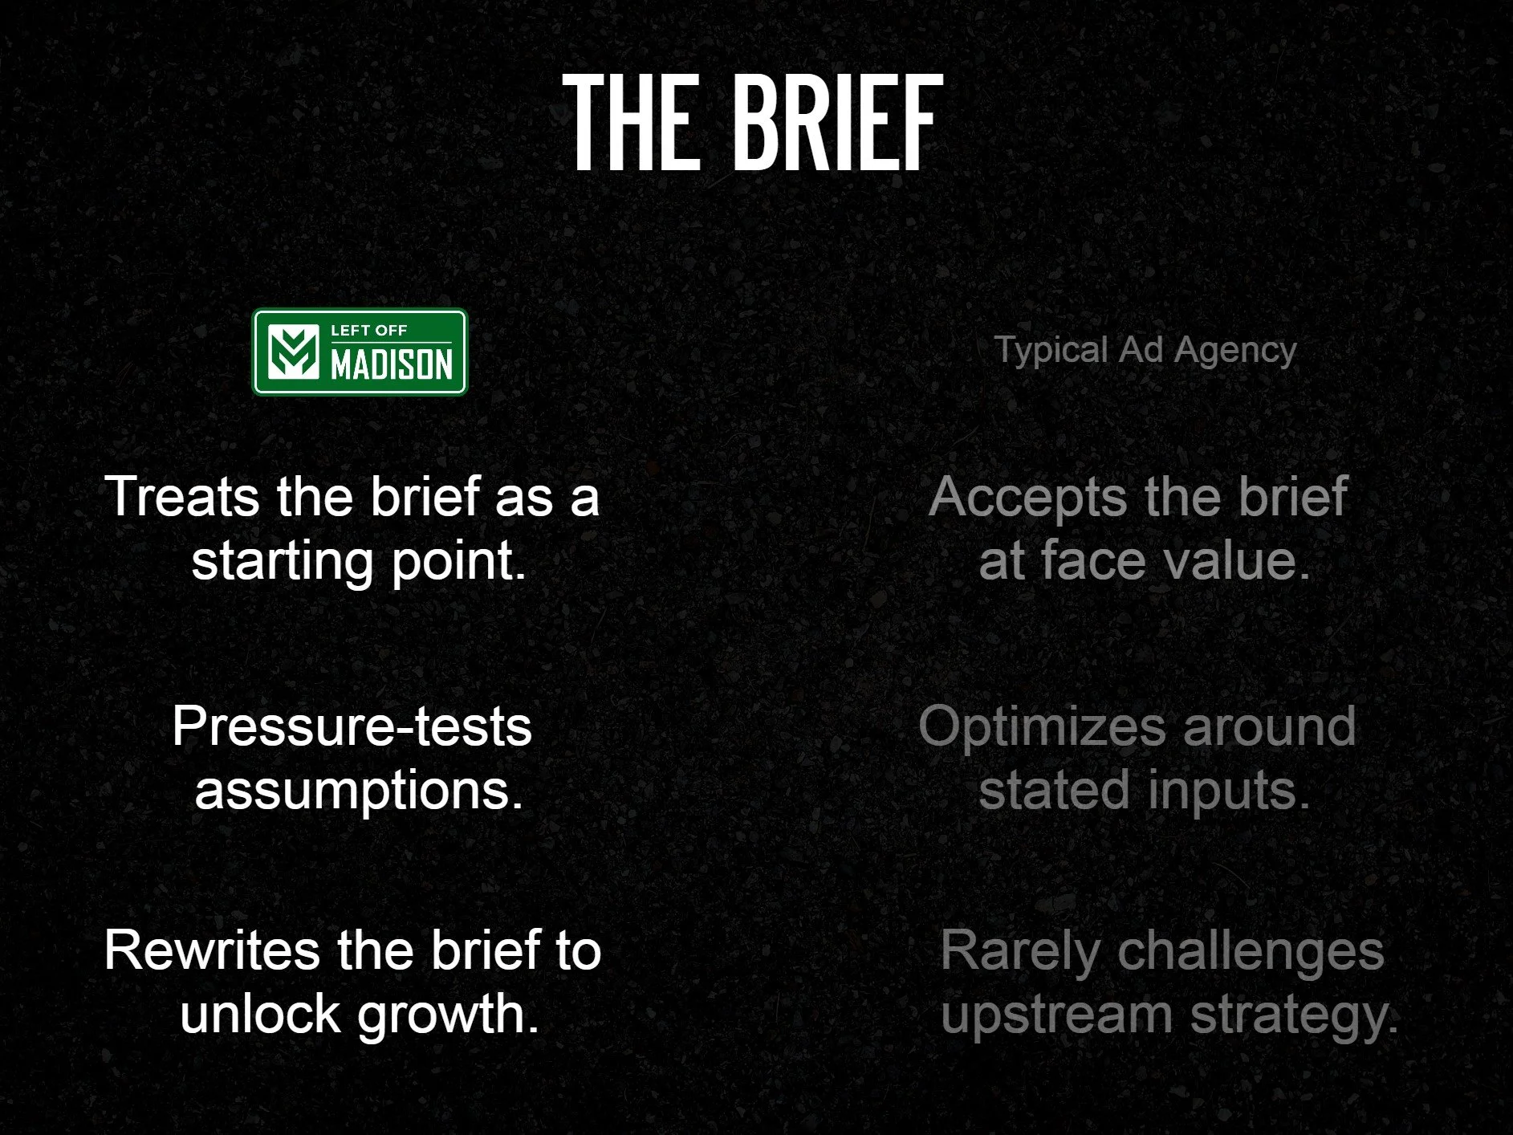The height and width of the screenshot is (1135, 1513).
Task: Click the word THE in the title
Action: tap(630, 122)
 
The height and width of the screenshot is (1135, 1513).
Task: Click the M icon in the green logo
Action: tap(292, 352)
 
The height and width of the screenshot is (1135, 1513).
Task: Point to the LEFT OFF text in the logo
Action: tap(369, 330)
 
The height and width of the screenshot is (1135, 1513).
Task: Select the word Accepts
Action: tap(1028, 496)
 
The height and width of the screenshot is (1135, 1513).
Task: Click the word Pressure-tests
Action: tap(352, 727)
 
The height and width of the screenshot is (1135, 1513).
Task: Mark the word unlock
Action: tap(260, 1014)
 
